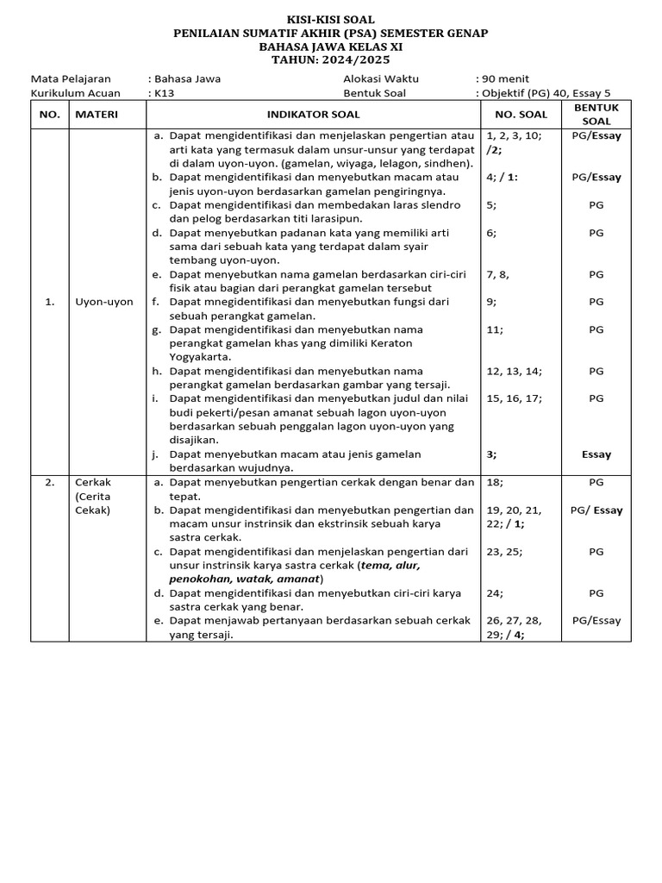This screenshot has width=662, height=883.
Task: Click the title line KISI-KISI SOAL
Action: pyautogui.click(x=331, y=19)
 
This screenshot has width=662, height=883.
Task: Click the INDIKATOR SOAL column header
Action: pyautogui.click(x=313, y=115)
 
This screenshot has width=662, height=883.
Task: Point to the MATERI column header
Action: pyautogui.click(x=97, y=115)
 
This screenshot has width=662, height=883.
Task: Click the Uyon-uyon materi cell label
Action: pyautogui.click(x=104, y=302)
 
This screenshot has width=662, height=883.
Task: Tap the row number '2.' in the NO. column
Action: pyautogui.click(x=50, y=482)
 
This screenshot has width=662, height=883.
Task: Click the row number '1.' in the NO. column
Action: pyautogui.click(x=50, y=302)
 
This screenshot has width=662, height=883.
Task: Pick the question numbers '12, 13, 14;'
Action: pyautogui.click(x=514, y=371)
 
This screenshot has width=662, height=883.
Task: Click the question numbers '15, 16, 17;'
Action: pyautogui.click(x=514, y=398)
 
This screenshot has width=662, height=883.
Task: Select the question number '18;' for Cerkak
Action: pyautogui.click(x=496, y=482)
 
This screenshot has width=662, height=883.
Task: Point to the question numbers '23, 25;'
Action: pyautogui.click(x=504, y=551)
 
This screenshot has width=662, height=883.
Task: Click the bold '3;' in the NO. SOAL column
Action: pyautogui.click(x=491, y=454)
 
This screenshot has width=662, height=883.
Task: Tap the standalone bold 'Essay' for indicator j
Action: pyautogui.click(x=596, y=454)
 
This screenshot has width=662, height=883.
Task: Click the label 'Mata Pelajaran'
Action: pyautogui.click(x=71, y=78)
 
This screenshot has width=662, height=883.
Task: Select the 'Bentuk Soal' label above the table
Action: pyautogui.click(x=374, y=93)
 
